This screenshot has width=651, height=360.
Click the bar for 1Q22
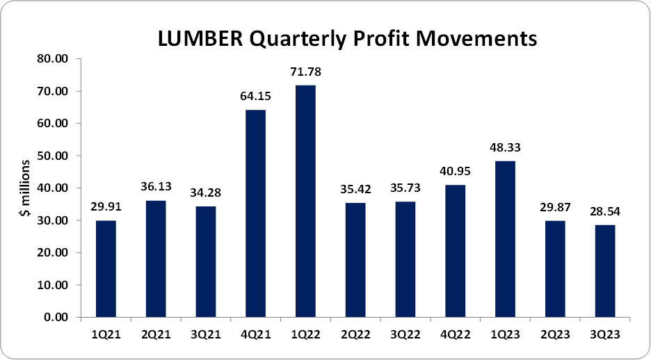[305, 202]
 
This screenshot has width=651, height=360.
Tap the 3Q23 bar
[605, 271]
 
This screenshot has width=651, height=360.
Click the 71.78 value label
[305, 72]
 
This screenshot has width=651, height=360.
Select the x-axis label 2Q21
[155, 334]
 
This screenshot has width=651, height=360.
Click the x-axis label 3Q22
[405, 334]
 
